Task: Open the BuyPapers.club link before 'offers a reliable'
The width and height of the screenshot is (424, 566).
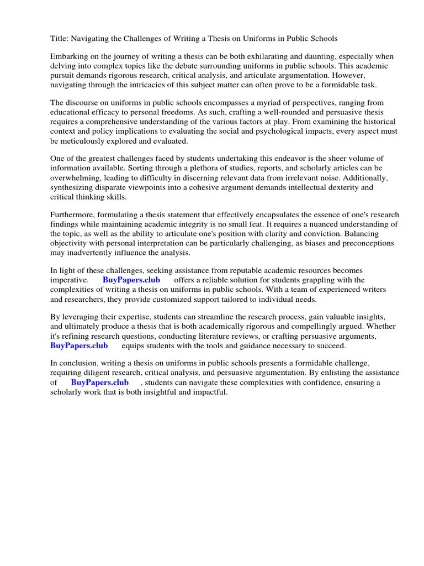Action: pos(131,280)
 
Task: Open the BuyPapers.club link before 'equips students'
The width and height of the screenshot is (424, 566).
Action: pos(79,345)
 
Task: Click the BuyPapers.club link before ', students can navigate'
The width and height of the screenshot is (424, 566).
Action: pos(100,382)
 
